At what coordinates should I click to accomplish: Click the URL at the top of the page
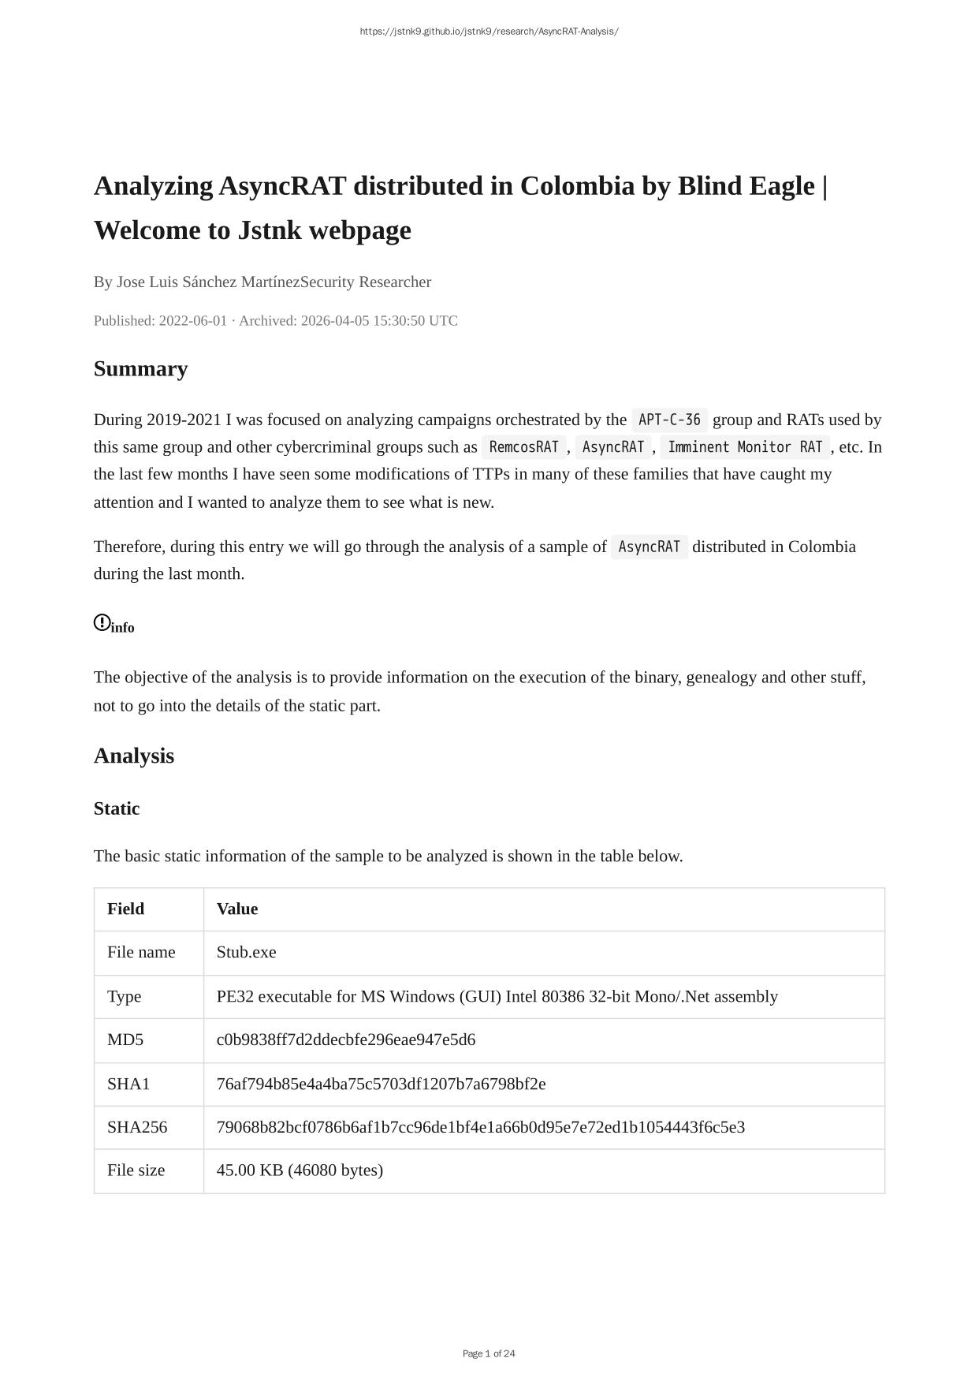489,32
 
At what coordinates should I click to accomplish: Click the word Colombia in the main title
577,186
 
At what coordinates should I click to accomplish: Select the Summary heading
140,369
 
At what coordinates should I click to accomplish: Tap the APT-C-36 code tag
669,420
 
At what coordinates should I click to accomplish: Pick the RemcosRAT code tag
523,447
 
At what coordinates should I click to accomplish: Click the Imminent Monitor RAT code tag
745,447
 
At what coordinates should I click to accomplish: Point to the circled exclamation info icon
102,623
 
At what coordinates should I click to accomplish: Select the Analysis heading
134,756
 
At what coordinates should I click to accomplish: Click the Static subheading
117,808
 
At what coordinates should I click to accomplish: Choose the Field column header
126,909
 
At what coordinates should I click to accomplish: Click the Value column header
237,909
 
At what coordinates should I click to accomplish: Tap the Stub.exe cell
247,952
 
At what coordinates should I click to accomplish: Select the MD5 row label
125,1040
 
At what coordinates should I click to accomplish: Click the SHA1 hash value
381,1084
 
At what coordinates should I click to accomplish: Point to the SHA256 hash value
481,1127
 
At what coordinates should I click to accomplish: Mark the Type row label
125,996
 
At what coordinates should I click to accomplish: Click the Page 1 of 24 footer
489,1353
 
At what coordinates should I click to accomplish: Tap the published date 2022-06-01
192,321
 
